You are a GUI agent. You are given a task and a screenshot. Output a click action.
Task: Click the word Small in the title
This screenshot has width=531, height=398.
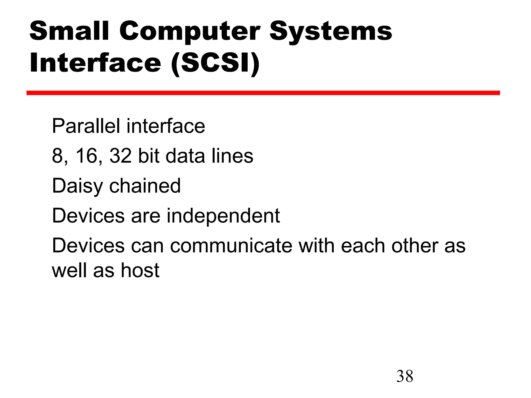[69, 31]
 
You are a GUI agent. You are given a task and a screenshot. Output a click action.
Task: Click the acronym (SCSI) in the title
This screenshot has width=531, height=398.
[215, 63]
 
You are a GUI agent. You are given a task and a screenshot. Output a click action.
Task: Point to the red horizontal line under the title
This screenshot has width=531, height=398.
[263, 93]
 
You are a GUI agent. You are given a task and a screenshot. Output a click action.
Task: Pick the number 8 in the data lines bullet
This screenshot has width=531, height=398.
[58, 156]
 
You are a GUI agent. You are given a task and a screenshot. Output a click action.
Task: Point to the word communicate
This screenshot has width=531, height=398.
[231, 246]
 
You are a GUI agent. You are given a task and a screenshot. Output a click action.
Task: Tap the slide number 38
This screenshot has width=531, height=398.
[404, 376]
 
